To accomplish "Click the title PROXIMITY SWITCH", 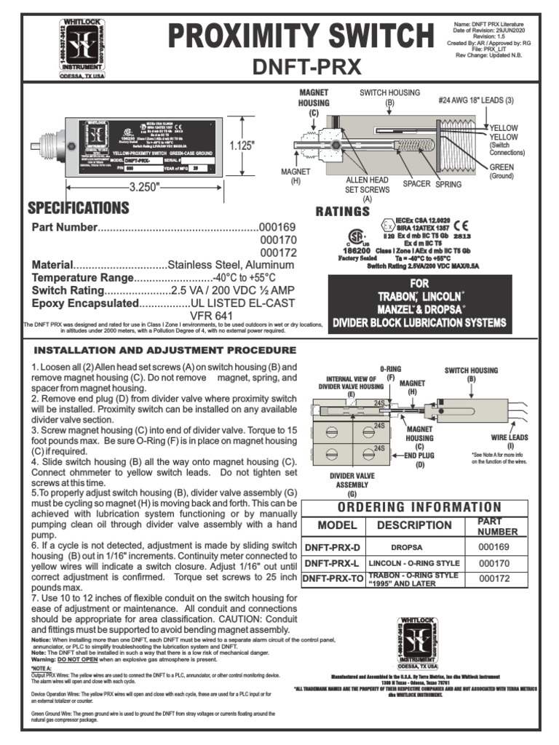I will click(296, 36).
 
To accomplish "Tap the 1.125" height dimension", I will click(245, 146).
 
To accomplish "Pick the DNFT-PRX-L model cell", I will click(332, 563).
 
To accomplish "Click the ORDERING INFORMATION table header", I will click(411, 507).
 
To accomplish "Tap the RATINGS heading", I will click(342, 212).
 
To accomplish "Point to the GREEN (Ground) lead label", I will click(501, 172).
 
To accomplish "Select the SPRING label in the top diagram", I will click(448, 185).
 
